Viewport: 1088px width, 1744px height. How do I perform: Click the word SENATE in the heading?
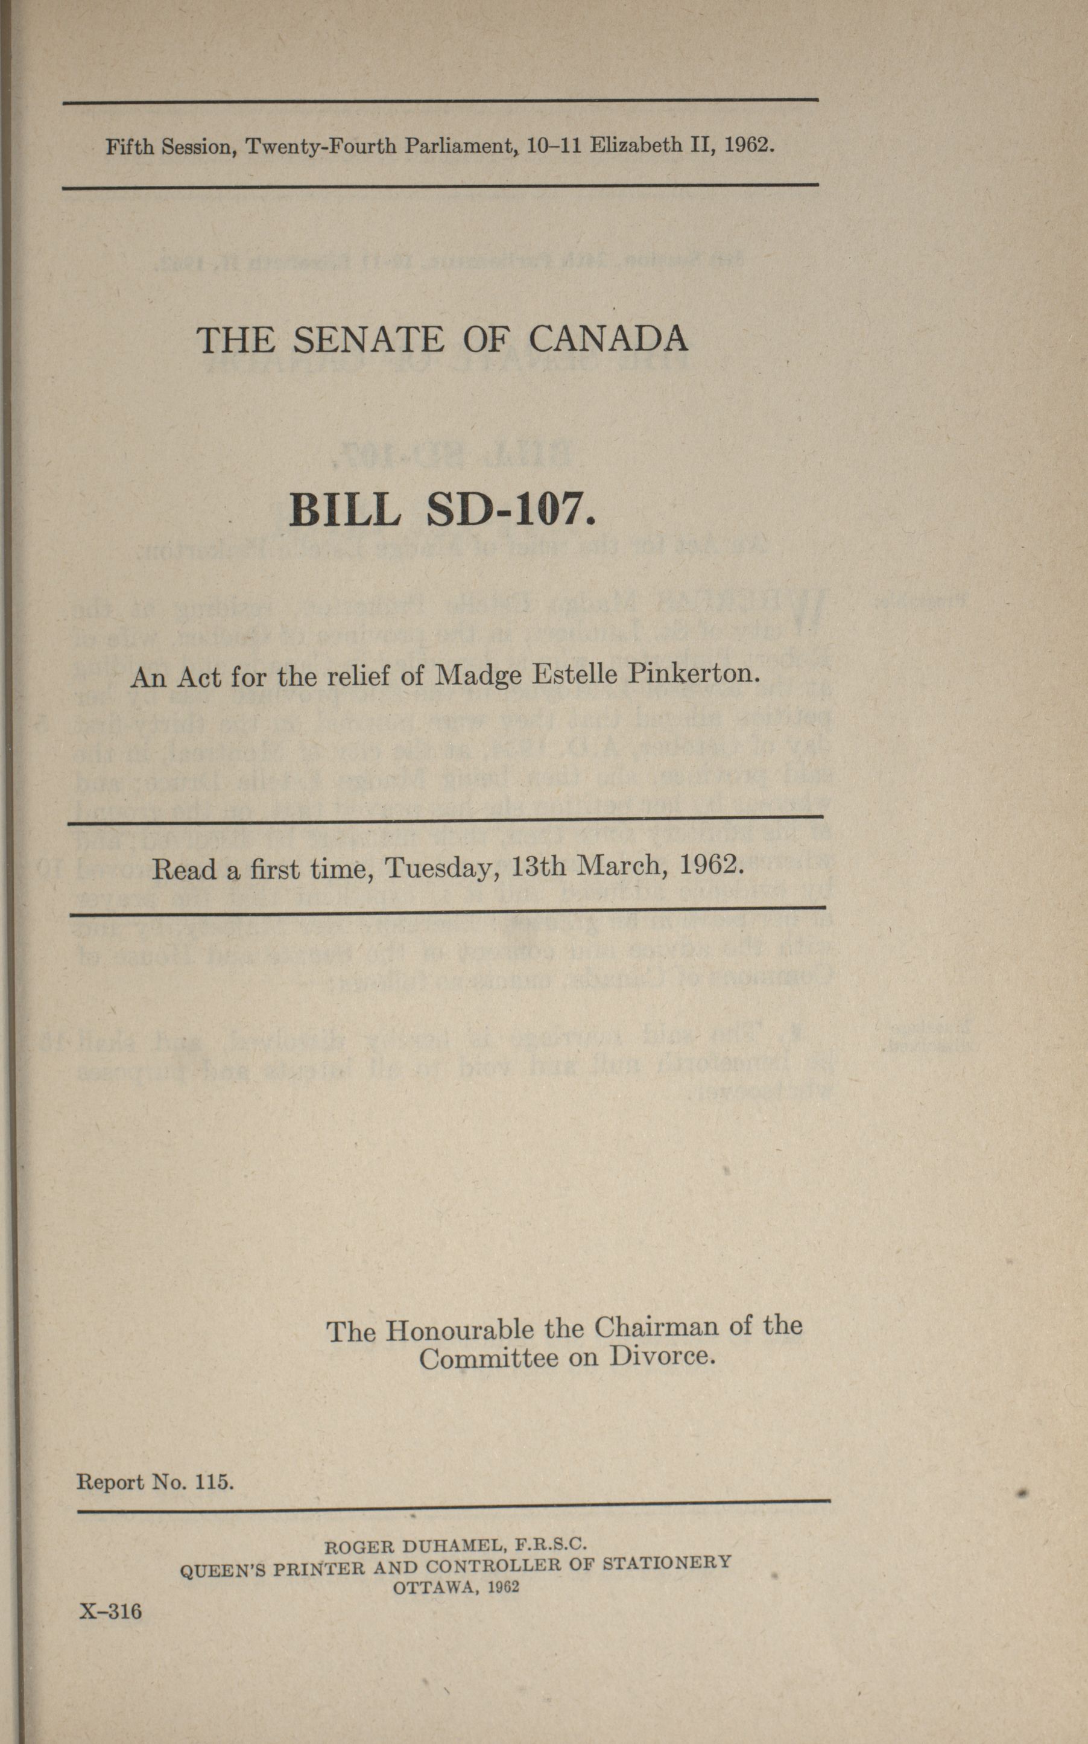click(368, 340)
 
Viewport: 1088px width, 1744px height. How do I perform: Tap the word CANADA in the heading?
click(608, 338)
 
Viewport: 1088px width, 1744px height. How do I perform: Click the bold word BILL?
click(345, 510)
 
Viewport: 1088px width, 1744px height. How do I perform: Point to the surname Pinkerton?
click(694, 674)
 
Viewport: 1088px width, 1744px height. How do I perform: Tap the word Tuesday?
click(443, 868)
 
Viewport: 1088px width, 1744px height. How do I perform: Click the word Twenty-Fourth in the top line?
click(321, 147)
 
